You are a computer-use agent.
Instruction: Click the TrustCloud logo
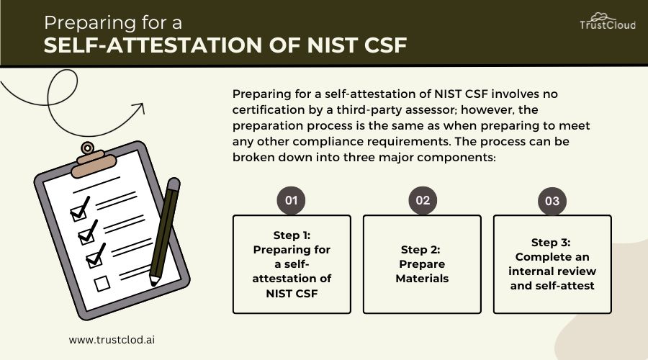point(608,20)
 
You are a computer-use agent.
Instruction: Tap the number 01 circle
point(292,200)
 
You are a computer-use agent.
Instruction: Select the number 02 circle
point(423,200)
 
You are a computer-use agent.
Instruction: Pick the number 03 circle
point(552,201)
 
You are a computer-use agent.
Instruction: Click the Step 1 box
point(292,264)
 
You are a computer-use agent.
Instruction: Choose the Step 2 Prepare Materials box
point(422,264)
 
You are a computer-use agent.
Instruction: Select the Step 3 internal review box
point(552,264)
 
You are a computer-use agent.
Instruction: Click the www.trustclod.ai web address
point(112,338)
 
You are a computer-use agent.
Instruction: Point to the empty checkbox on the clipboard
point(103,284)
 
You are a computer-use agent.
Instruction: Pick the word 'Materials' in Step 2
point(422,278)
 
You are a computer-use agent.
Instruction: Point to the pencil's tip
point(153,279)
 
